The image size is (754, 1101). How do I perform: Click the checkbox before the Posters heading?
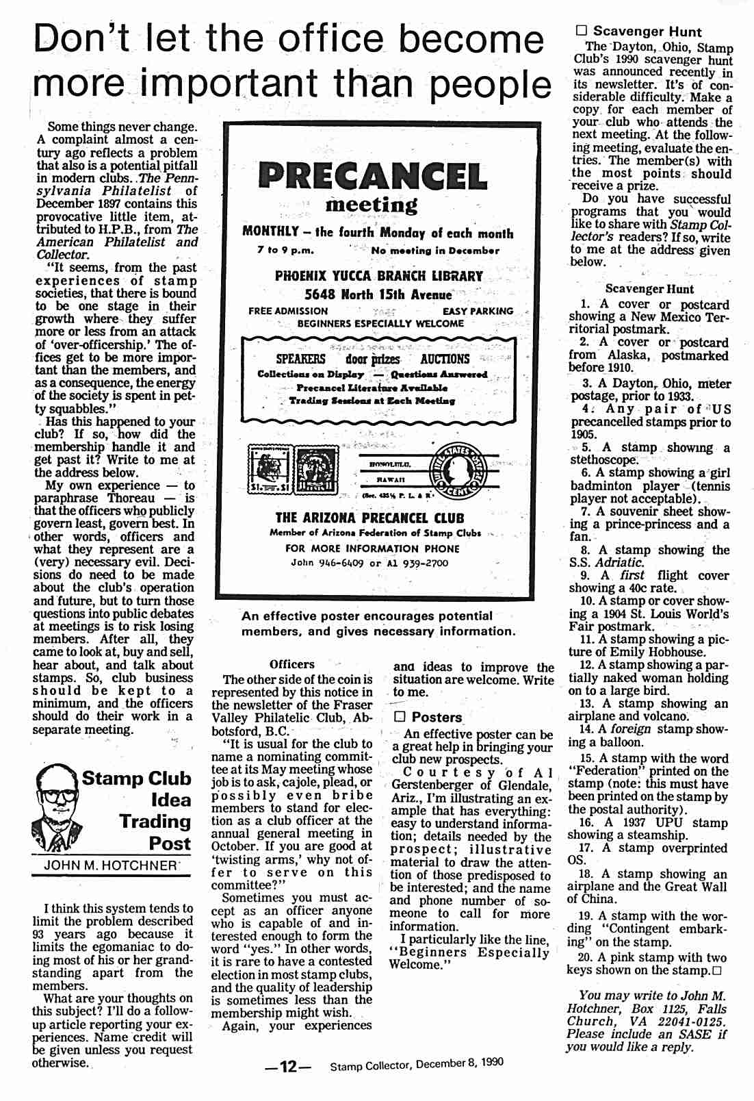pos(400,717)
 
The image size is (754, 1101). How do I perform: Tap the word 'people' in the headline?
pos(490,84)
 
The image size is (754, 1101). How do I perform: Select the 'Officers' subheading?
pos(292,664)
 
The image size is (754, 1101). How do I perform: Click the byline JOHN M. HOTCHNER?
pos(110,865)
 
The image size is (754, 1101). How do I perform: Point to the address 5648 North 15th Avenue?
pos(378,295)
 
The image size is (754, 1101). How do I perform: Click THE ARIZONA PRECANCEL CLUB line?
pos(369,518)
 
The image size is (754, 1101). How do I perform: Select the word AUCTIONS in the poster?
pos(445,359)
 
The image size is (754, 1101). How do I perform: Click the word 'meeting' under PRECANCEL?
pos(372,204)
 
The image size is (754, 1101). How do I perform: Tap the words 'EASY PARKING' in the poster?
pos(478,311)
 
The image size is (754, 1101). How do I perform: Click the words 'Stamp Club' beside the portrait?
pos(137,779)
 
